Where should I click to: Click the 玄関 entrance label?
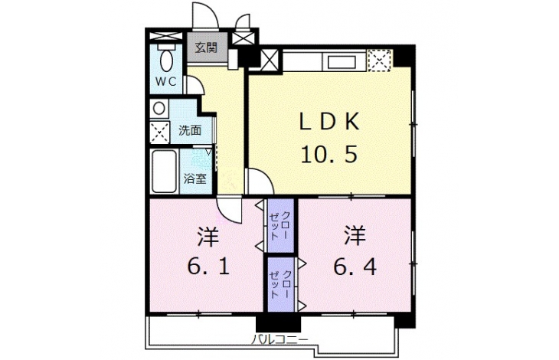[206, 47]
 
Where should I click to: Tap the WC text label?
[165, 82]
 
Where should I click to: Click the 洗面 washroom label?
[190, 130]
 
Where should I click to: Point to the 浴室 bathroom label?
[195, 178]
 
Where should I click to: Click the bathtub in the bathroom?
[165, 171]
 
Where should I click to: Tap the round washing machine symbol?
[159, 108]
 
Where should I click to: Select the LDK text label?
[329, 123]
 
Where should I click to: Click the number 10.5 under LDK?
[329, 154]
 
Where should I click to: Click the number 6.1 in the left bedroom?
[208, 267]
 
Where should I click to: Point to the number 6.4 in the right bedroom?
[355, 267]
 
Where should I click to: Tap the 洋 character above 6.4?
[355, 237]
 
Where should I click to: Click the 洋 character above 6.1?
[208, 237]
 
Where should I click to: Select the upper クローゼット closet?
[280, 225]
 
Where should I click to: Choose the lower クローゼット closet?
[281, 284]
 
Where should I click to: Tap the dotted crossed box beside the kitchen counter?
[380, 61]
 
